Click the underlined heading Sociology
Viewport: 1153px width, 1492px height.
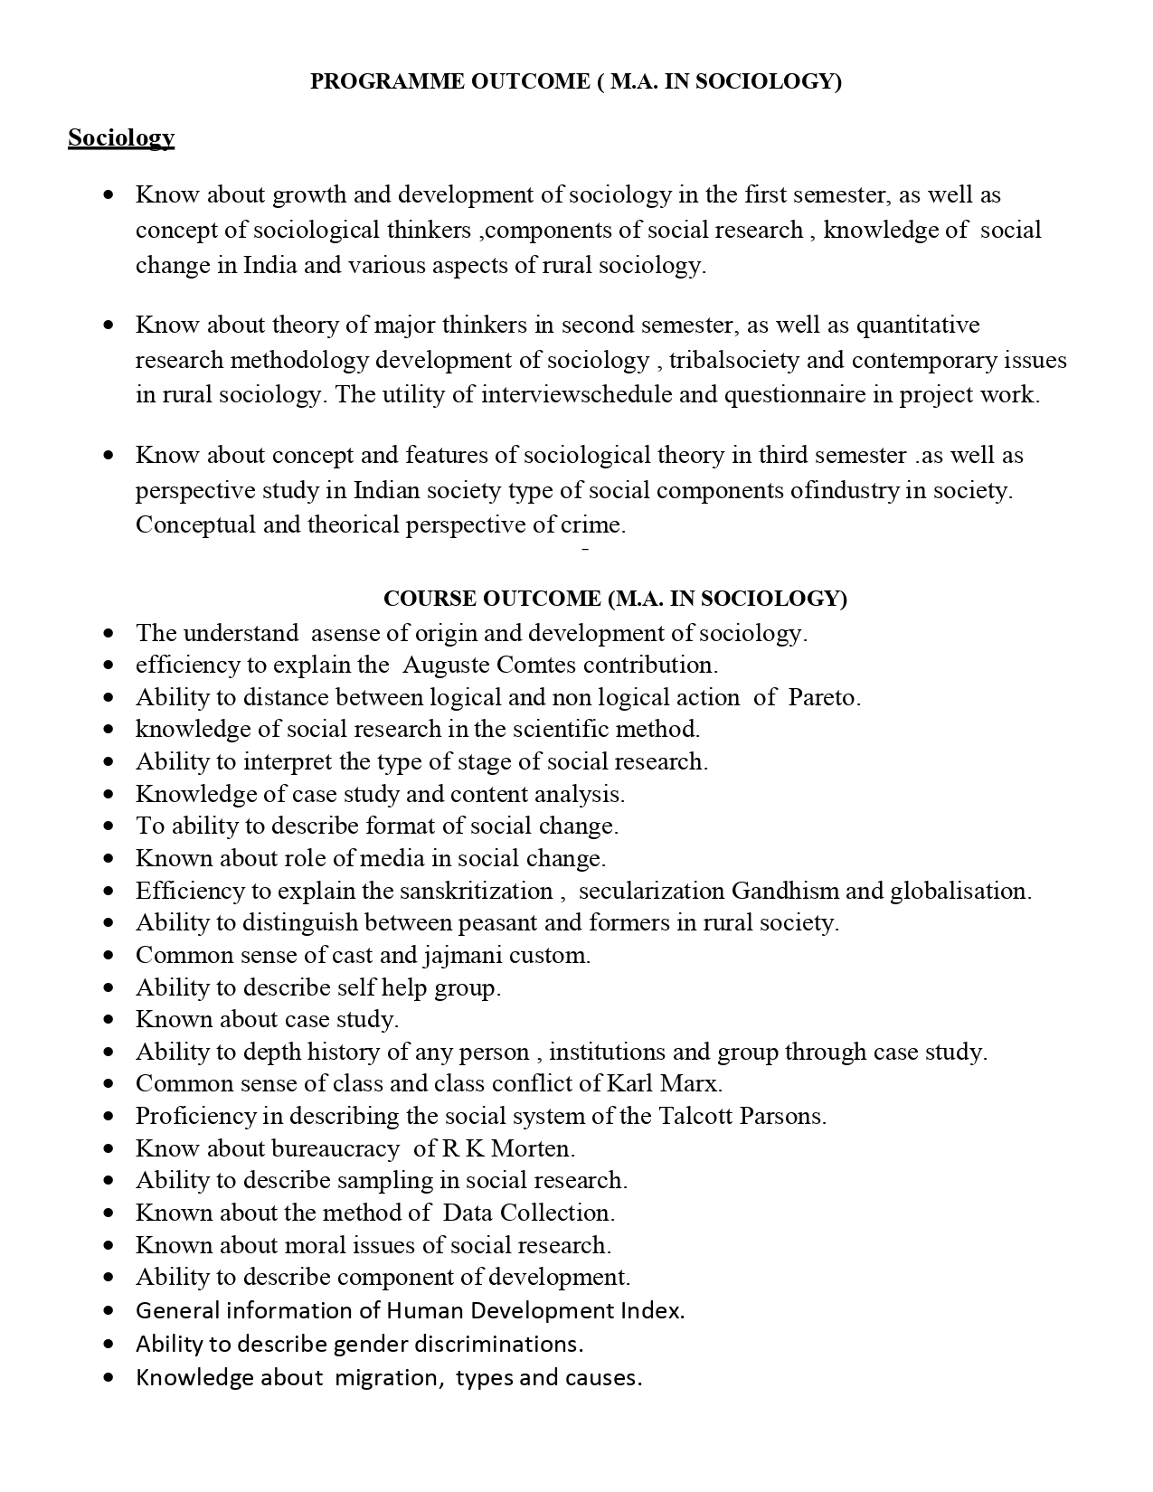click(x=121, y=137)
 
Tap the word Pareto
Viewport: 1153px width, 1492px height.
click(x=824, y=697)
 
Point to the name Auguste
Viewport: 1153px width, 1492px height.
click(x=446, y=665)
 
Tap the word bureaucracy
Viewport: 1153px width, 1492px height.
click(x=335, y=1148)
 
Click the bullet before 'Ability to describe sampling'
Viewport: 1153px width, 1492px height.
click(x=109, y=1181)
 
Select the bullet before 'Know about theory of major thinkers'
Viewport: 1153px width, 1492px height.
click(x=109, y=325)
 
